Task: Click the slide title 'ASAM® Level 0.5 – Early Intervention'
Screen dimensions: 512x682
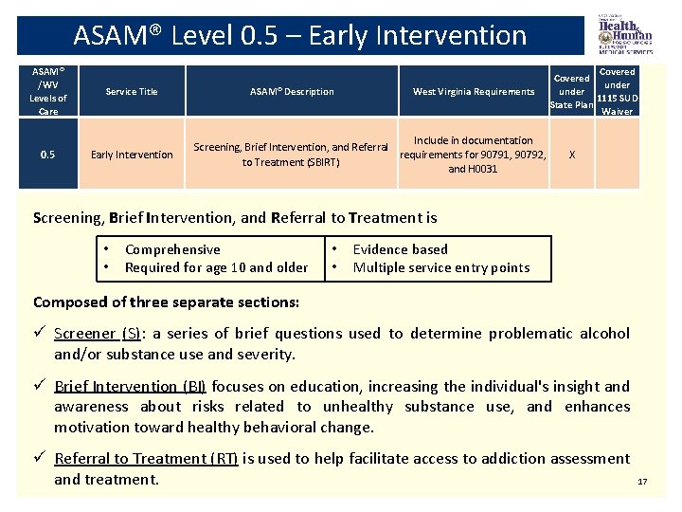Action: (299, 36)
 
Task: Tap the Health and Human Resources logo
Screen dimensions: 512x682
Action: (624, 36)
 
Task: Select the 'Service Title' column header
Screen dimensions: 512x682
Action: (132, 92)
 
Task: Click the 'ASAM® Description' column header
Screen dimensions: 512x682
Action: (292, 92)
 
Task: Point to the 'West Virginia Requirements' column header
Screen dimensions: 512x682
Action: (474, 92)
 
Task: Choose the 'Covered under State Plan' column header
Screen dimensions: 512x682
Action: (571, 91)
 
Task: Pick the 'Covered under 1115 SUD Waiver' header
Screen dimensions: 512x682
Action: (618, 91)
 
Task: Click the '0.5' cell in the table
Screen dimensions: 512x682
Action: (46, 155)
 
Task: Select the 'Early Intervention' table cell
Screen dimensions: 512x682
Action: (132, 155)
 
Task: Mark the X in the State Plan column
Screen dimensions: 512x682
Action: (571, 155)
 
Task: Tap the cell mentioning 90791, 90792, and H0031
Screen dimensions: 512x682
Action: (474, 155)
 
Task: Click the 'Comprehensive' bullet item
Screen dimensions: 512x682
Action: (172, 249)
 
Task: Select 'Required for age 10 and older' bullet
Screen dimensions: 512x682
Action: (216, 267)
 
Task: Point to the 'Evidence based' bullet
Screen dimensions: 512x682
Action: (400, 249)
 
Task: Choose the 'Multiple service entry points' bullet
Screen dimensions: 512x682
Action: (440, 267)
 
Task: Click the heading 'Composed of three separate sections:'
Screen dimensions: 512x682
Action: (166, 302)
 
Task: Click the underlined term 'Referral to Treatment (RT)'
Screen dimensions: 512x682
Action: (146, 459)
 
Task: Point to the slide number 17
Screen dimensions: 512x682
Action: (642, 482)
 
